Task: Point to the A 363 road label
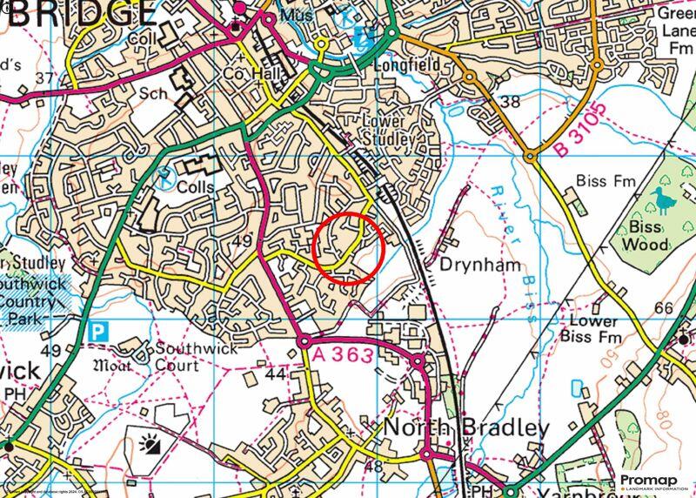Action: pyautogui.click(x=344, y=354)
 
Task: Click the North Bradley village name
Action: pyautogui.click(x=466, y=427)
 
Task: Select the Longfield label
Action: pyautogui.click(x=403, y=65)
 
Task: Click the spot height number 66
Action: pyautogui.click(x=663, y=309)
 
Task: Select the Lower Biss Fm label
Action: pyautogui.click(x=594, y=329)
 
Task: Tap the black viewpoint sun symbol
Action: pyautogui.click(x=149, y=447)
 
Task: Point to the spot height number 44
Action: pyautogui.click(x=275, y=373)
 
